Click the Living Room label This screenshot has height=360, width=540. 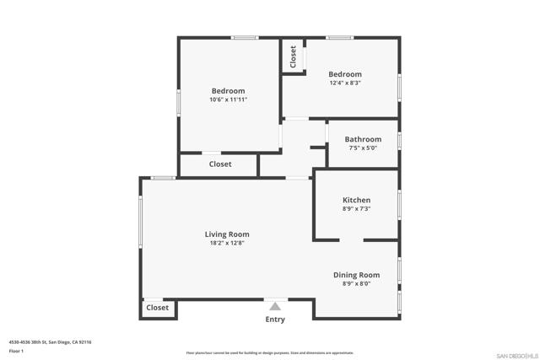pos(227,234)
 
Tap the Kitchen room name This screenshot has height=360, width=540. pos(356,200)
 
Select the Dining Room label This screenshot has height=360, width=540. pos(356,275)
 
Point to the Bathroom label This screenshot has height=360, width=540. pos(363,139)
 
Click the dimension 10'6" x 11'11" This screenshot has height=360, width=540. pos(228,99)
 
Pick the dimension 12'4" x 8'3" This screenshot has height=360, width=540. pos(344,83)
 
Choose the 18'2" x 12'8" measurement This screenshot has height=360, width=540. pos(227,243)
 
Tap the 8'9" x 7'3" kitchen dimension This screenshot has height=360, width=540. pos(356,208)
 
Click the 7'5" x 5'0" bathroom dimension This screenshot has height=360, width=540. pos(363,148)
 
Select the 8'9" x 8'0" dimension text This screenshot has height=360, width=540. pos(356,283)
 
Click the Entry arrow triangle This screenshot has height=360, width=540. pos(274,306)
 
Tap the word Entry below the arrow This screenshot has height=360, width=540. pos(275,320)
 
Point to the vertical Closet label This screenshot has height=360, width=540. pos(293,56)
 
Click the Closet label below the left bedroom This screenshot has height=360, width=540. pos(220,164)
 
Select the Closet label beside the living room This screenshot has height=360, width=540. pos(158,308)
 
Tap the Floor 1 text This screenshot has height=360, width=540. pos(16,350)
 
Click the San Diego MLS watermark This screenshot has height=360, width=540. pos(515,354)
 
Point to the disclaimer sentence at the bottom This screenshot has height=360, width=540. pos(270,353)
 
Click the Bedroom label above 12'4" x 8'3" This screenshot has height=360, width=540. pos(344,74)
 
